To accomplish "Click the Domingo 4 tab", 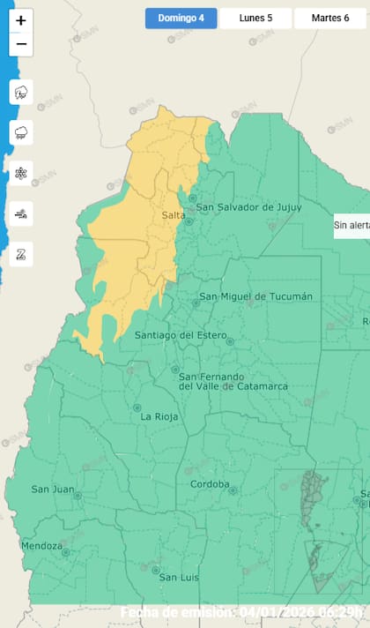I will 181,19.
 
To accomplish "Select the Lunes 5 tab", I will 255,19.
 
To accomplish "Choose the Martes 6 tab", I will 329,19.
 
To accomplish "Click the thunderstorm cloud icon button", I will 21,92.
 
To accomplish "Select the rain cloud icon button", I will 21,132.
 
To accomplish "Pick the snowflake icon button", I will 21,174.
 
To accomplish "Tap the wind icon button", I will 21,213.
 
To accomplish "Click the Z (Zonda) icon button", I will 21,254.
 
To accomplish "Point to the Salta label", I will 173,215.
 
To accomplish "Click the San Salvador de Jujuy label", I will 248,207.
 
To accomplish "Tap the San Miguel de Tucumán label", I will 255,297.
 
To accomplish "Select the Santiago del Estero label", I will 179,335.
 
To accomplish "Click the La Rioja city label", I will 159,416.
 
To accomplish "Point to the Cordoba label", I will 210,484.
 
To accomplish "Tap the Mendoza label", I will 41,546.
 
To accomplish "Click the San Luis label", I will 178,577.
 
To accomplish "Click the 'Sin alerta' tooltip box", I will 351,225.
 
